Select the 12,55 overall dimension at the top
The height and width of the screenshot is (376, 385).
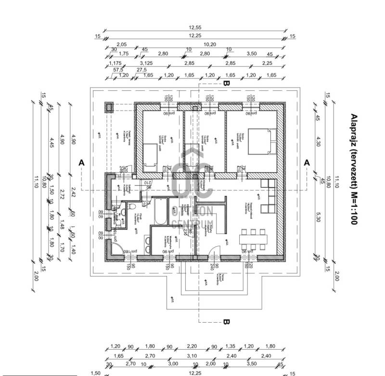tap(195, 28)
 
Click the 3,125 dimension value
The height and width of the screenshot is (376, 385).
tap(146, 63)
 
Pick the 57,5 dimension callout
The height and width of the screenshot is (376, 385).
tap(118, 70)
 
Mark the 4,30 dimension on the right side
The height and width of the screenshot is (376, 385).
tap(318, 142)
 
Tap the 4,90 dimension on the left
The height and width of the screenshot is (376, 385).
tap(73, 139)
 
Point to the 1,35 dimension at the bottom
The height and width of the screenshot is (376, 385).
tap(231, 347)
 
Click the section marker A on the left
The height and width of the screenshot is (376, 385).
tap(81, 163)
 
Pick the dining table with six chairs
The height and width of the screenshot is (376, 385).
tap(254, 237)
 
